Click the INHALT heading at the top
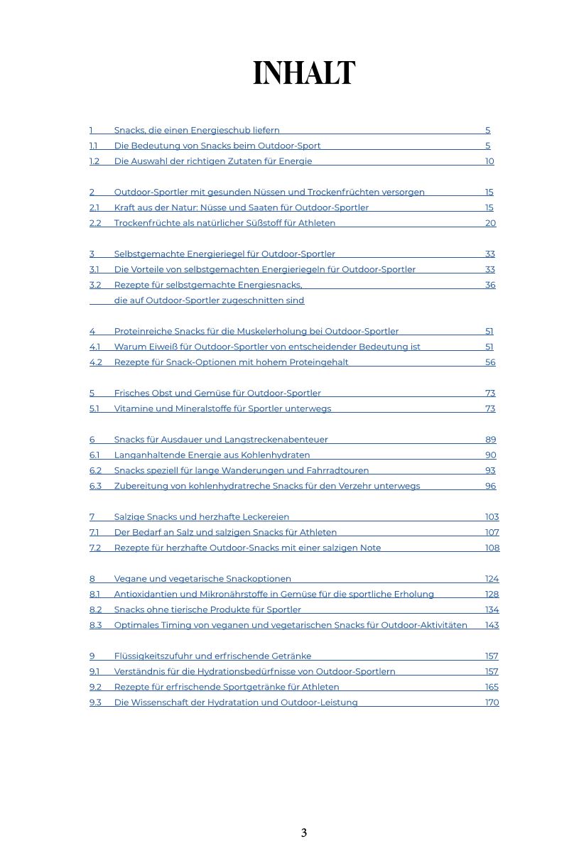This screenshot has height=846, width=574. point(303,73)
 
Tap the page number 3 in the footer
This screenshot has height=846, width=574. point(303,833)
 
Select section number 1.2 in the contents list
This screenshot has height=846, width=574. point(94,161)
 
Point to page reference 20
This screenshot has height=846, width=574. point(490,223)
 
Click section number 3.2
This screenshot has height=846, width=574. point(95,285)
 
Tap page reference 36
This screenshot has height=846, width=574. point(490,285)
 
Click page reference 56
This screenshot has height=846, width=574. point(490,362)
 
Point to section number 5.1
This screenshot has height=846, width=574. point(94,408)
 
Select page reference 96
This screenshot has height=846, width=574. point(490,486)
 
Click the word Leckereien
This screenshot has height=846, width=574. point(266,517)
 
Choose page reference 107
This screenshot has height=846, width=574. point(492,532)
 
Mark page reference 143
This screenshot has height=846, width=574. point(492,625)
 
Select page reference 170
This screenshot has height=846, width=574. point(492,703)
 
